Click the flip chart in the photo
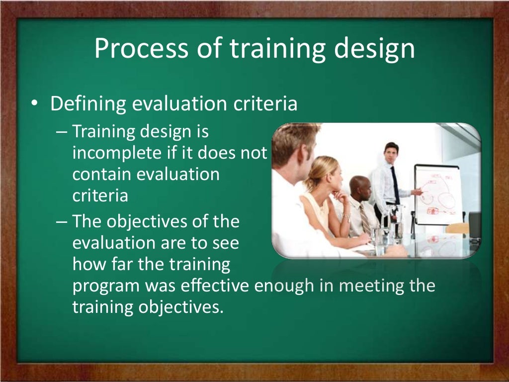coord(437,194)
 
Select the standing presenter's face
coord(392,152)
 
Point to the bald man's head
coord(359,186)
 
